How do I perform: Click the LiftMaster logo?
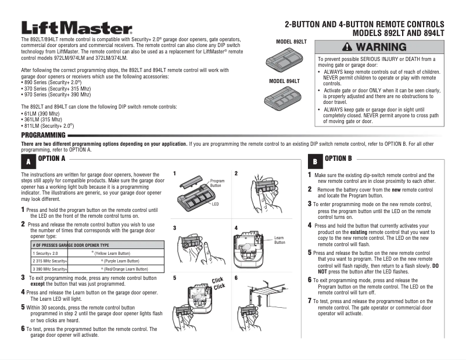(77, 27)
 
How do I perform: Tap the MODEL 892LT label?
(292, 42)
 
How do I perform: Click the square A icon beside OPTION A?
(27, 162)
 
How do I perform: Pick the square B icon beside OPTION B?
(314, 161)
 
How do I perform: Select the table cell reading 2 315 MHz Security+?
(51, 262)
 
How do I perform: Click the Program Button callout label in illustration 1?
(217, 183)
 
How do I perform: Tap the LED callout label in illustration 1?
(215, 204)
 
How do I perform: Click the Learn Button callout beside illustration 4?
(279, 240)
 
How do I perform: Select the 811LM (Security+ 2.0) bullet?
(48, 125)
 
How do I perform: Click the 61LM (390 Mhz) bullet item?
(42, 114)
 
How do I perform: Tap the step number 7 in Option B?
(310, 301)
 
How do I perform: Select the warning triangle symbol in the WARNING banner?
(347, 46)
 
